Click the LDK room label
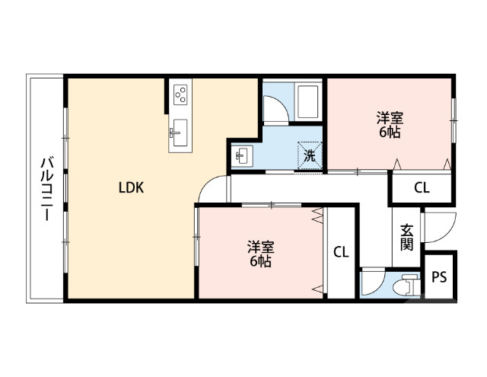131,187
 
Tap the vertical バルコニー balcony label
46,188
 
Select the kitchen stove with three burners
182,94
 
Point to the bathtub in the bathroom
308,102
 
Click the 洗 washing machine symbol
310,155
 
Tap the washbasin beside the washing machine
243,155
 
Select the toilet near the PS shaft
408,284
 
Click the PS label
439,277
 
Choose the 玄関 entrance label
406,238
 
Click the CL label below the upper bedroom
421,188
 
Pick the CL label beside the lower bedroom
341,252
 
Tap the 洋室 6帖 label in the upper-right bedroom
389,125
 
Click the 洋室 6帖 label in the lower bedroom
260,254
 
